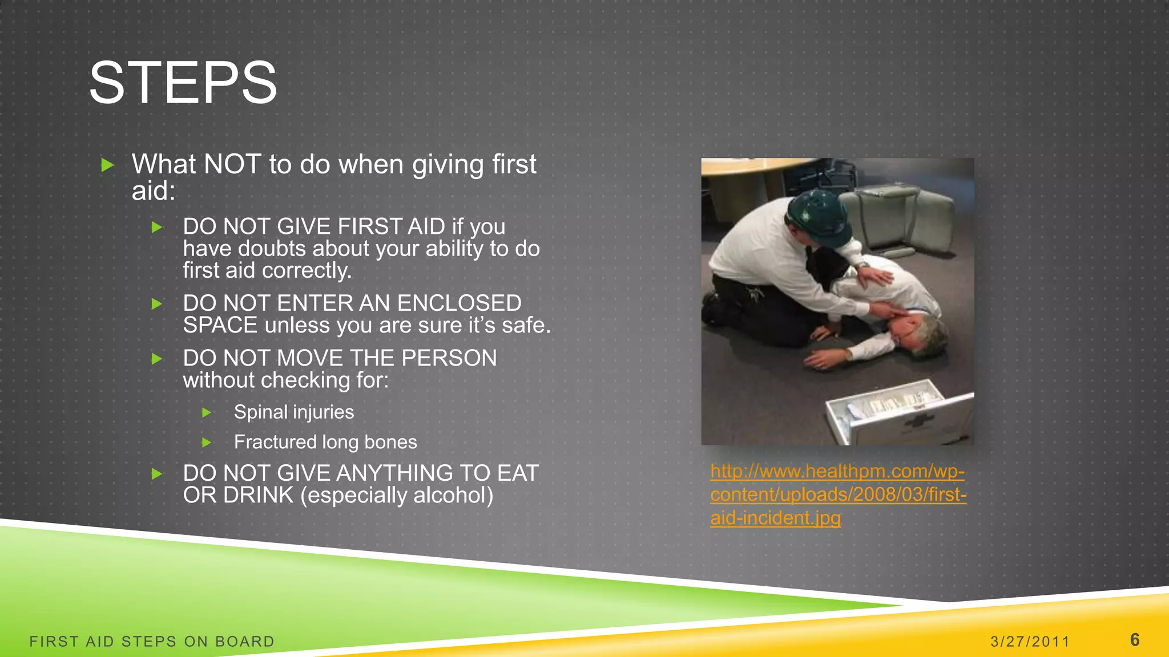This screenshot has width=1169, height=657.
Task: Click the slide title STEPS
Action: point(183,83)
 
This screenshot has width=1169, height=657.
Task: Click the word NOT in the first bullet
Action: point(232,164)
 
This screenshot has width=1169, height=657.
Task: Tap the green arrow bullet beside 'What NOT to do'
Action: point(107,165)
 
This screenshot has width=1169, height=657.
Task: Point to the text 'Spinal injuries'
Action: point(293,412)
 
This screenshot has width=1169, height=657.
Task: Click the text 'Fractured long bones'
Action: point(325,442)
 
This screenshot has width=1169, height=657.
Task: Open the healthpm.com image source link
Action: point(837,494)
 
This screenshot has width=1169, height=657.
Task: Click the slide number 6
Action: point(1135,640)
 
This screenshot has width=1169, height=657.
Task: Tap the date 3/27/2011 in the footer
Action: point(1030,642)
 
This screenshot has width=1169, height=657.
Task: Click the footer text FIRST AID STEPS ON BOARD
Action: point(152,642)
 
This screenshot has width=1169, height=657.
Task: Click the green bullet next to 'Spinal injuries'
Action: point(207,412)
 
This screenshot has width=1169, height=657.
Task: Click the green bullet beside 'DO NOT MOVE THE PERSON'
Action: point(157,359)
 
